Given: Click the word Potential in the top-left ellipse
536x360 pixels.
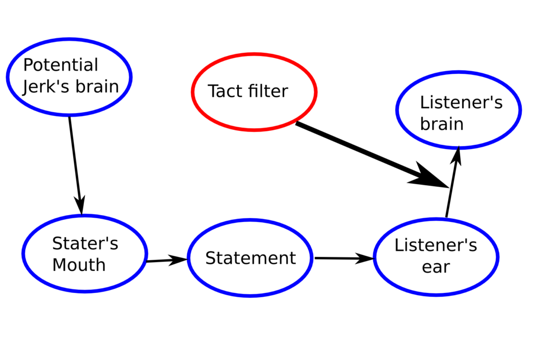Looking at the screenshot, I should (61, 65).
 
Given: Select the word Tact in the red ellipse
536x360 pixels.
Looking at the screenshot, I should (226, 91).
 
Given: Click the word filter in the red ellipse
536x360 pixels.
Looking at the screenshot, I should (267, 91).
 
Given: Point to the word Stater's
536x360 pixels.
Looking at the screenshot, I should (85, 244).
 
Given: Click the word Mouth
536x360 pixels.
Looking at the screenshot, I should (79, 265).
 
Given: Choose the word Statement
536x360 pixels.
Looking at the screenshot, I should (250, 258).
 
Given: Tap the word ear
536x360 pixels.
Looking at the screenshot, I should (435, 267).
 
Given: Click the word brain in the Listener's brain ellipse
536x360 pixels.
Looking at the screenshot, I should (441, 124).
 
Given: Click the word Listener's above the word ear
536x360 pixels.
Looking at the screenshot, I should (435, 245).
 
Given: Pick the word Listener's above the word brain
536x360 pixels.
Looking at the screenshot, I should (461, 103).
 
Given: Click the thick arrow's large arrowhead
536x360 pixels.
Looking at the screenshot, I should (429, 177).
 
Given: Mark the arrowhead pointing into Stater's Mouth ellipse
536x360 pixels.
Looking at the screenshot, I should (81, 206).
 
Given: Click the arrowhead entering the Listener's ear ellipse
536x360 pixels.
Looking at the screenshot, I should (366, 258).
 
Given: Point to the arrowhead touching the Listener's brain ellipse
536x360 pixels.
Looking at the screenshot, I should (457, 155).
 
